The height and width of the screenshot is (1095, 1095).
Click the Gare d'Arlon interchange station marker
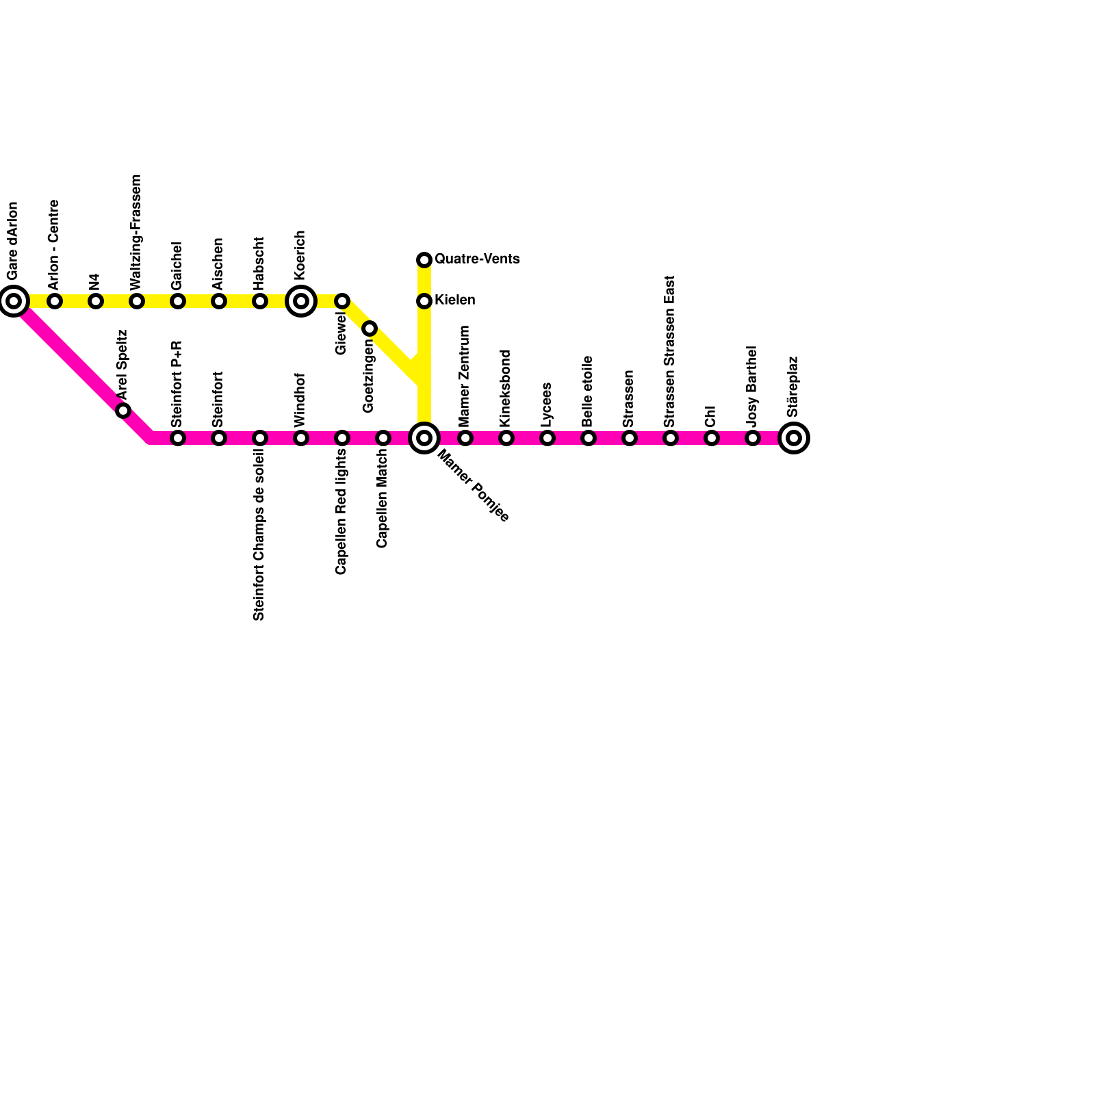click(x=14, y=301)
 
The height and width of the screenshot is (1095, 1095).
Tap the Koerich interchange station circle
click(x=301, y=301)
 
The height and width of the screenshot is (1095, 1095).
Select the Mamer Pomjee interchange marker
click(x=424, y=438)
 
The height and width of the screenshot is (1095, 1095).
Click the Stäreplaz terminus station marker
click(x=794, y=438)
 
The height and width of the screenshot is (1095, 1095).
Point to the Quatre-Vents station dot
click(x=424, y=260)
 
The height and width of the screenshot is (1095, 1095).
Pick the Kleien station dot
click(x=424, y=301)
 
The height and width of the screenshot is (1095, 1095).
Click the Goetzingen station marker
click(x=370, y=328)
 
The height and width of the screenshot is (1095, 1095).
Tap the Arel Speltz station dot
click(x=123, y=411)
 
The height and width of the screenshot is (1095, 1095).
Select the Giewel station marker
click(x=342, y=301)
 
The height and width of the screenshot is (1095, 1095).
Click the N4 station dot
click(x=96, y=301)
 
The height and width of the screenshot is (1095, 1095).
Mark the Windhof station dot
click(x=301, y=438)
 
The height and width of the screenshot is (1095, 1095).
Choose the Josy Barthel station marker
click(x=753, y=438)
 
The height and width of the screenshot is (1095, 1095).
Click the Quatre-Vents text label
click(x=477, y=259)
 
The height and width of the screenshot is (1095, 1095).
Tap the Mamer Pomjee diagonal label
click(x=473, y=486)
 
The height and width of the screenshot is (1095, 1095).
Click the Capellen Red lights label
click(x=341, y=512)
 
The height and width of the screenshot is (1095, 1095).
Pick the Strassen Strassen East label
click(x=670, y=351)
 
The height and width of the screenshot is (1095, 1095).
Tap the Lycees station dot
click(x=547, y=438)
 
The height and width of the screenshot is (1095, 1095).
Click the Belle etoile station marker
click(x=589, y=438)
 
